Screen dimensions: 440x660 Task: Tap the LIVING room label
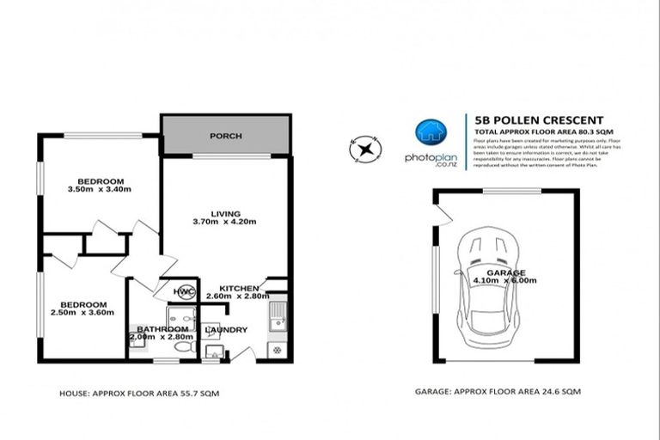[x=227, y=212]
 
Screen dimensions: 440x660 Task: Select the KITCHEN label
[x=239, y=287]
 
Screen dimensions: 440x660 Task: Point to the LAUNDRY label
[x=228, y=329]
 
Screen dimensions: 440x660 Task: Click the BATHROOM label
[x=162, y=329]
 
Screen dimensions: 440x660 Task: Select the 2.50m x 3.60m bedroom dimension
[x=83, y=314]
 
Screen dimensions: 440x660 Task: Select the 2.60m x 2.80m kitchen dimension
[x=239, y=296]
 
